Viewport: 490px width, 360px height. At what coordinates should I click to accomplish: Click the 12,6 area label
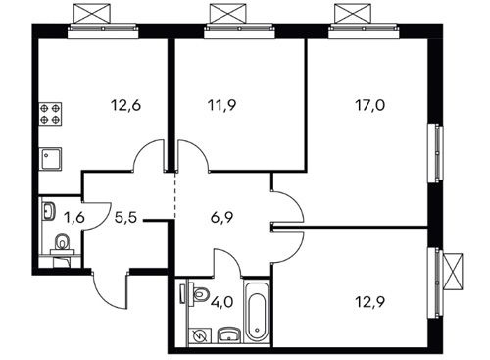pyautogui.click(x=125, y=105)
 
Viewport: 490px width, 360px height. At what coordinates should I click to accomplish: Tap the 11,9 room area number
pyautogui.click(x=221, y=105)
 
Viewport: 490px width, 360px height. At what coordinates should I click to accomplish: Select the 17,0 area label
pyautogui.click(x=369, y=105)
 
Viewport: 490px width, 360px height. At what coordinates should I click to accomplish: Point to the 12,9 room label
pyautogui.click(x=369, y=302)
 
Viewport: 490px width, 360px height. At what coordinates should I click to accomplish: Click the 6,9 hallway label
pyautogui.click(x=222, y=217)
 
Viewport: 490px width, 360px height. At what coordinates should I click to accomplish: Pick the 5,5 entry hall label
pyautogui.click(x=125, y=217)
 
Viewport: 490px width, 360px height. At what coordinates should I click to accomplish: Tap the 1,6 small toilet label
pyautogui.click(x=75, y=217)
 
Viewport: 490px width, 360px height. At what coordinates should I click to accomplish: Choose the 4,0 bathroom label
pyautogui.click(x=222, y=302)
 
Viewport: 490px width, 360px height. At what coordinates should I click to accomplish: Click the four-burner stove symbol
pyautogui.click(x=50, y=114)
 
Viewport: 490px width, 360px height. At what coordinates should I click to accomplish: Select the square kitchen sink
pyautogui.click(x=50, y=159)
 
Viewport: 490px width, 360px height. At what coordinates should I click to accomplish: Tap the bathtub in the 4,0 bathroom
pyautogui.click(x=257, y=312)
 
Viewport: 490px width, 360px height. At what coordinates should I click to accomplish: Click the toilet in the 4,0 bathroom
pyautogui.click(x=200, y=294)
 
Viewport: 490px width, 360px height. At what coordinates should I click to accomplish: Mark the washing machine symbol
pyautogui.click(x=200, y=335)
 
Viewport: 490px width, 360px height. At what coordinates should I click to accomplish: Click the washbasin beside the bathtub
pyautogui.click(x=229, y=334)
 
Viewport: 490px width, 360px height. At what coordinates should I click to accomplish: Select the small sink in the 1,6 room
pyautogui.click(x=49, y=210)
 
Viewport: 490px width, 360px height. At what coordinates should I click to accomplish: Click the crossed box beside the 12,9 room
pyautogui.click(x=453, y=271)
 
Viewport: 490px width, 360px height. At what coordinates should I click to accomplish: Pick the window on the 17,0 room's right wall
pyautogui.click(x=436, y=153)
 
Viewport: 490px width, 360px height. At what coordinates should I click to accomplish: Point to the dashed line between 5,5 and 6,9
pyautogui.click(x=175, y=194)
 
